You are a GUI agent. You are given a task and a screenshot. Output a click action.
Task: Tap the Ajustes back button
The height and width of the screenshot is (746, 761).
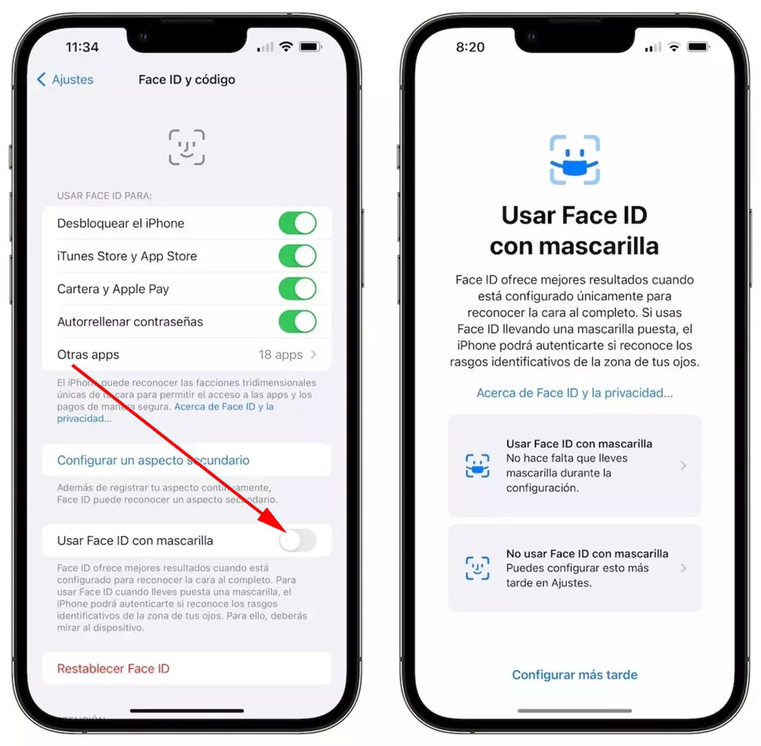[x=65, y=80]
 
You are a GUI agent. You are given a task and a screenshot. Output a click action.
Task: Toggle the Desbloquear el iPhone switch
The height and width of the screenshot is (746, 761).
[x=298, y=223]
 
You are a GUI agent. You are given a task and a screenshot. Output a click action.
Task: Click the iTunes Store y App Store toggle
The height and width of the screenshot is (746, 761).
[x=298, y=256]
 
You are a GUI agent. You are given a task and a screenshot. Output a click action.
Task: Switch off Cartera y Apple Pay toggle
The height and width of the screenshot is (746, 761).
[x=298, y=289]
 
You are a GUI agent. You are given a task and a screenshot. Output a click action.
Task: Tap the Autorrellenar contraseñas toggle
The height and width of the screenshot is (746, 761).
[x=298, y=321]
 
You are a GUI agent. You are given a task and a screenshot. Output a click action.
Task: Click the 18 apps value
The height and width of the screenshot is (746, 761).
[x=281, y=355]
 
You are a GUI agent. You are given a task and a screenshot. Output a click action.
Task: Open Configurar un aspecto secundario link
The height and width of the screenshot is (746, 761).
[x=154, y=460]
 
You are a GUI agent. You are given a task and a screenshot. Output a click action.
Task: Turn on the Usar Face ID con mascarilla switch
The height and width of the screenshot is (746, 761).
[x=298, y=540]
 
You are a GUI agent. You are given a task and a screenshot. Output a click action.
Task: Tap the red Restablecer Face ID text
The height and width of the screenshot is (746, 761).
[x=113, y=669]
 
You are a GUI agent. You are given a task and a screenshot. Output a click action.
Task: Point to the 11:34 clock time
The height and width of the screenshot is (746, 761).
[x=82, y=47]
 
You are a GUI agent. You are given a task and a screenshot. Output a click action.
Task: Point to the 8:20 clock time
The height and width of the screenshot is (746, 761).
[x=470, y=47]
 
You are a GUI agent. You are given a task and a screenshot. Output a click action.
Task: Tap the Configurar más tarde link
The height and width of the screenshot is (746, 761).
[x=575, y=674]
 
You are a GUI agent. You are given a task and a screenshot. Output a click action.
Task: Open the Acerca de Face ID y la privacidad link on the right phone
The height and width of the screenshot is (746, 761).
[x=575, y=393]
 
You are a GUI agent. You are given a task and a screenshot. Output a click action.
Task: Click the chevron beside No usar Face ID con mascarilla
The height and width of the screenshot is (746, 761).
[x=683, y=568]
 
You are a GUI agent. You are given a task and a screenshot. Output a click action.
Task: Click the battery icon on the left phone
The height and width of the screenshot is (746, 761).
[x=310, y=47]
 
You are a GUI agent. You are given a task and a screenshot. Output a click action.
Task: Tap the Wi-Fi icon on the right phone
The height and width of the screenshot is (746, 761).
[x=673, y=47]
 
